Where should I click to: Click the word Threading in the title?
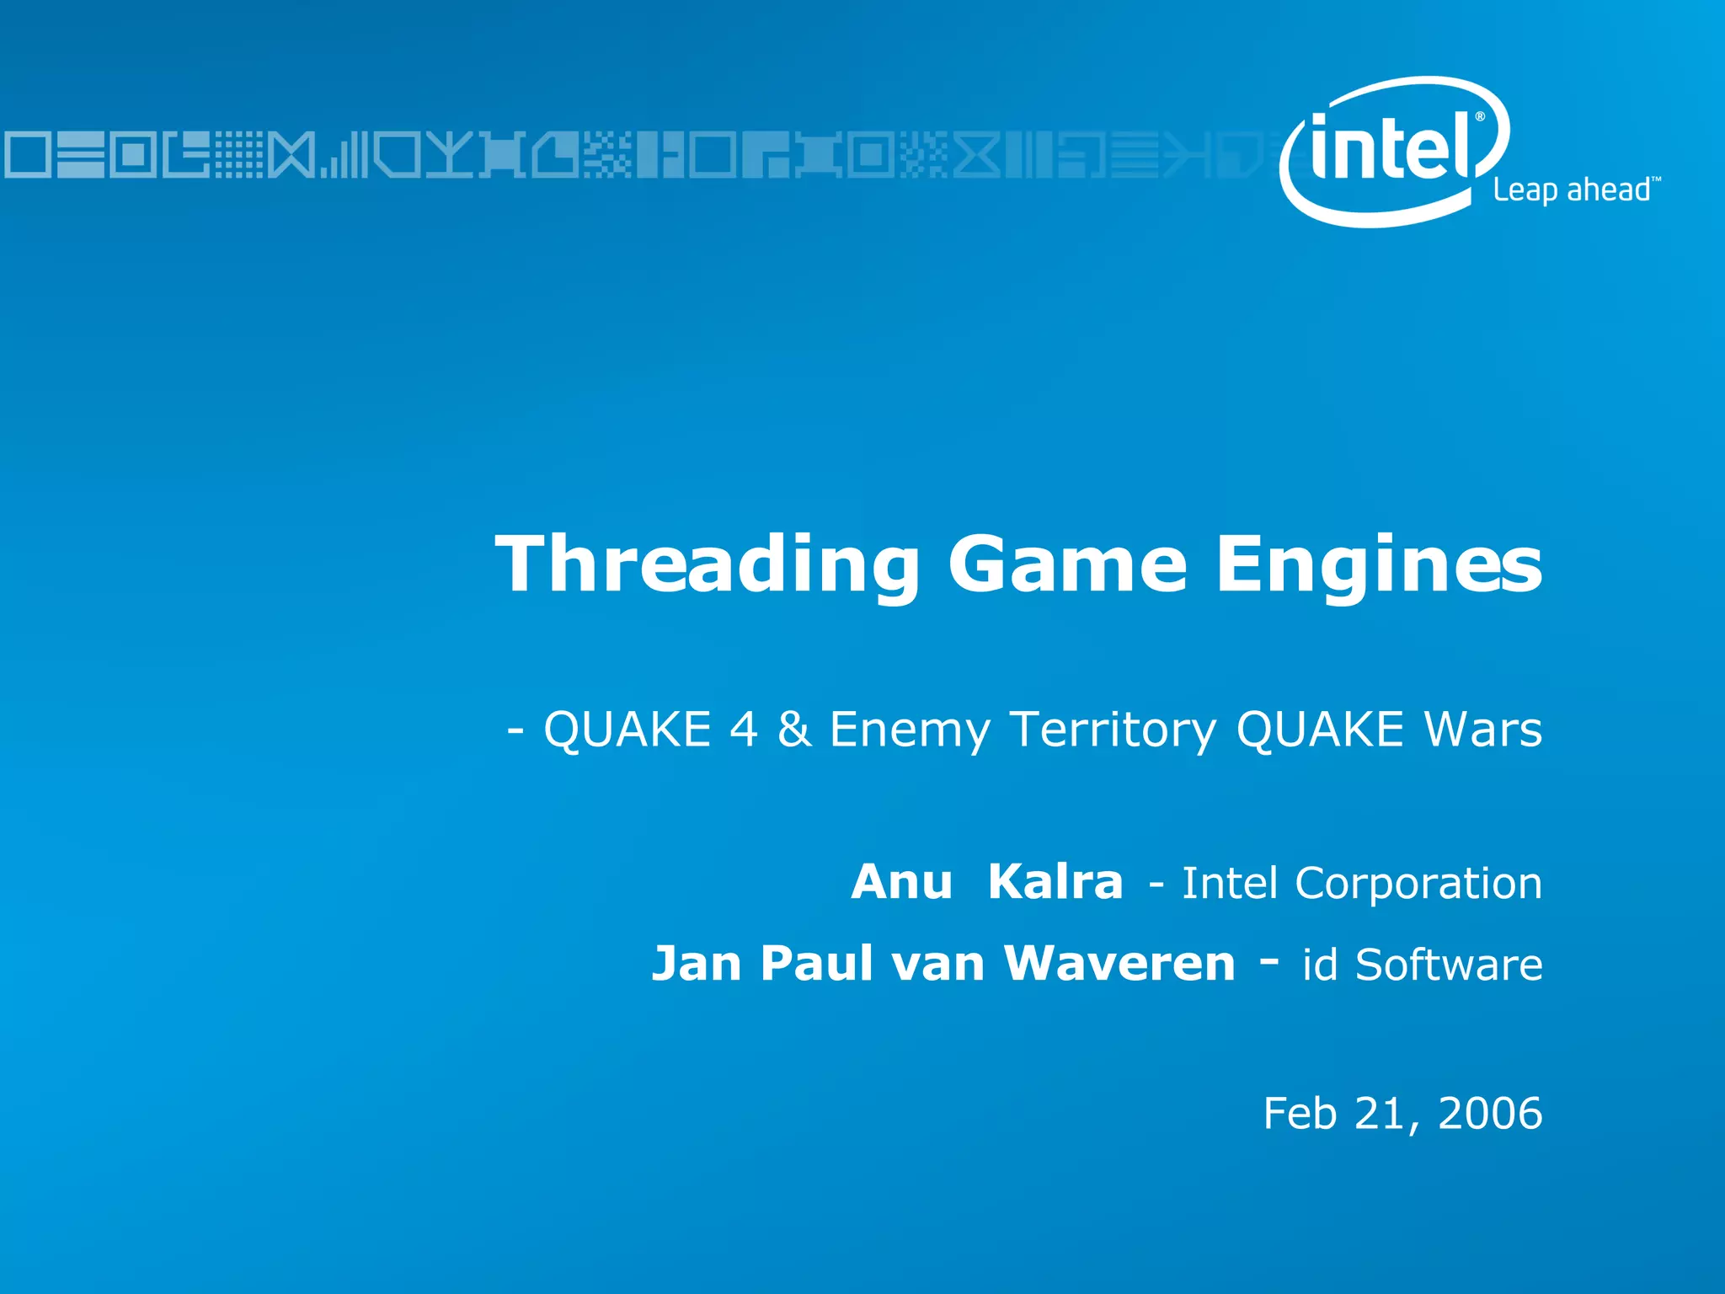pyautogui.click(x=708, y=564)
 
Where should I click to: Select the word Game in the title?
pyautogui.click(x=1067, y=564)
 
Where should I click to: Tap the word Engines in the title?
pyautogui.click(x=1378, y=564)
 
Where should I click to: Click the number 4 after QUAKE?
pyautogui.click(x=743, y=730)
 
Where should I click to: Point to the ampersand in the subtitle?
pyautogui.click(x=794, y=730)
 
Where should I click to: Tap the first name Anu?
pyautogui.click(x=901, y=883)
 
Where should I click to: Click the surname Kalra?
pyautogui.click(x=1055, y=883)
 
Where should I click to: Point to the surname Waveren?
pyautogui.click(x=1119, y=964)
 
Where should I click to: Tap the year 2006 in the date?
pyautogui.click(x=1490, y=1114)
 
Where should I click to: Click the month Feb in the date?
pyautogui.click(x=1300, y=1114)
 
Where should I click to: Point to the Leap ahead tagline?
pyautogui.click(x=1572, y=190)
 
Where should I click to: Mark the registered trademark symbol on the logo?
pyautogui.click(x=1480, y=117)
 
